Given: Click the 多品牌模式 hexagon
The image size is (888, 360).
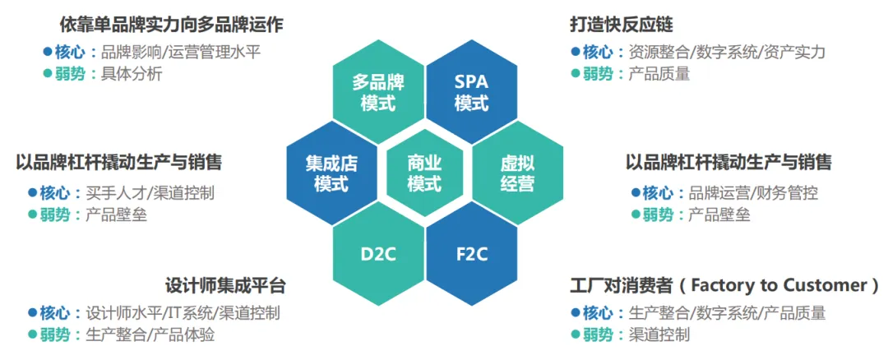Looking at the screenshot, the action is (377, 93).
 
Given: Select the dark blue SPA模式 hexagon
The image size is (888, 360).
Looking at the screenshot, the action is (471, 93).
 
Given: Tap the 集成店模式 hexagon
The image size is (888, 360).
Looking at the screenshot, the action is (331, 173).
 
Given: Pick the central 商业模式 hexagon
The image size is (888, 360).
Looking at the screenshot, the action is (424, 173).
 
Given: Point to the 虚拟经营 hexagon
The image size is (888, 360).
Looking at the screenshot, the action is (517, 173).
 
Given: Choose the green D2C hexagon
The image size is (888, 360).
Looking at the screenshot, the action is (377, 253).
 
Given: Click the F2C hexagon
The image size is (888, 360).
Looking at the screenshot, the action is (471, 253).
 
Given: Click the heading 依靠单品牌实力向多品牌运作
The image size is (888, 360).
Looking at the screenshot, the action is (171, 24).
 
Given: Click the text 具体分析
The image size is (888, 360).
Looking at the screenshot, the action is (132, 74).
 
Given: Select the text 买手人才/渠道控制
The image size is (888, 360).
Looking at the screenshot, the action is (150, 193).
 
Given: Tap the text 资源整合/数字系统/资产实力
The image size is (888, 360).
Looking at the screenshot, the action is (727, 52).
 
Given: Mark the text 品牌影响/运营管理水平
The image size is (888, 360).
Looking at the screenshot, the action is (180, 52).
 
